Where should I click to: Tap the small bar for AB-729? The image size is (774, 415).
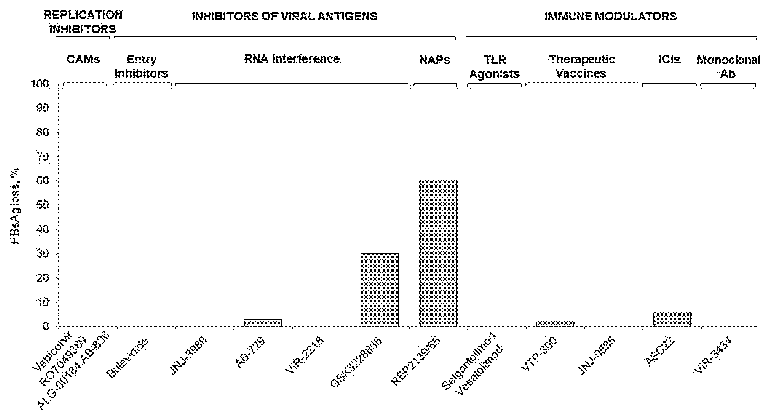click(x=263, y=323)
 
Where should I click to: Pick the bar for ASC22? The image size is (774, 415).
click(x=672, y=319)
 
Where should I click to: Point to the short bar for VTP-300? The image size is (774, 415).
click(x=555, y=324)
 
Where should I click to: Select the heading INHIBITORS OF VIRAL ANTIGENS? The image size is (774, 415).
click(x=284, y=16)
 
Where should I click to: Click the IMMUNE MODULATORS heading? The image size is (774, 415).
click(x=610, y=16)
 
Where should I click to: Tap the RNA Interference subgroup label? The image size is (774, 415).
click(x=292, y=59)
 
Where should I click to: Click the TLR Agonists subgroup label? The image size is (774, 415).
click(x=494, y=67)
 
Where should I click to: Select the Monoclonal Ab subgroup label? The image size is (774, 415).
click(x=728, y=67)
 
